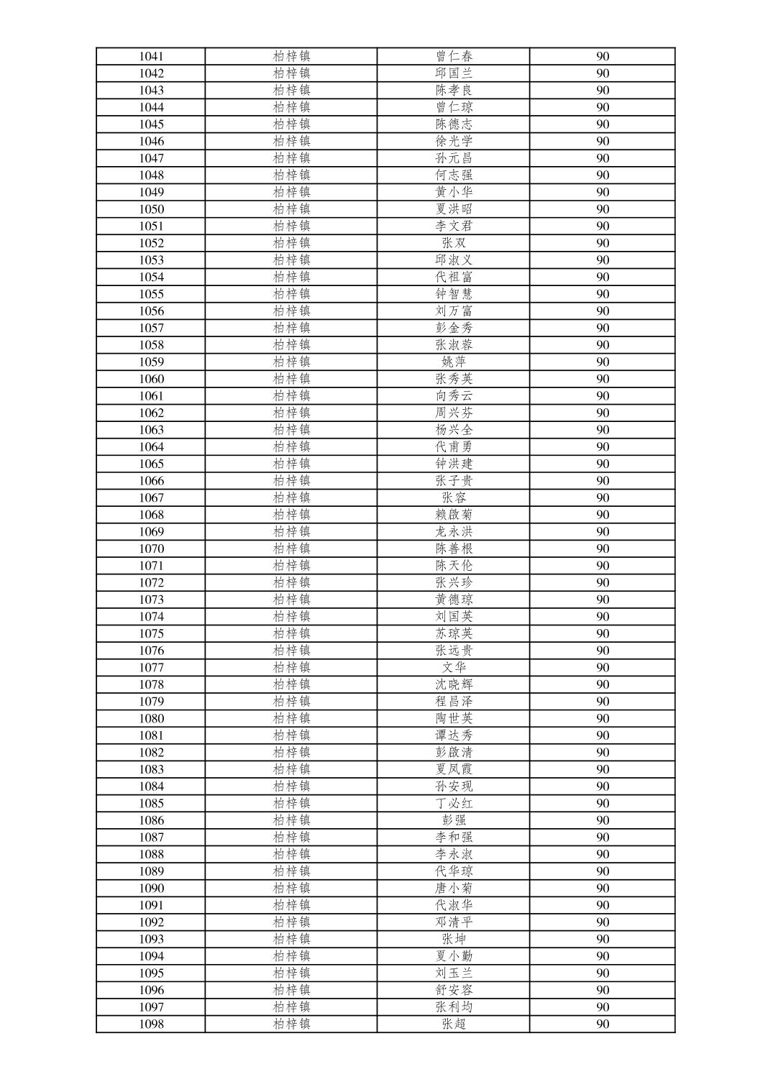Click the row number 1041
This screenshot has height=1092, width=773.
151,56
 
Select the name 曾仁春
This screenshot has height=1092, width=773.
454,56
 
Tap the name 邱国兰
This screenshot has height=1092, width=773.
454,73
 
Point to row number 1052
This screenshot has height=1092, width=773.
151,243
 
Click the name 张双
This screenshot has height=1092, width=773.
454,243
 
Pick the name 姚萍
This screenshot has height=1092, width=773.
454,362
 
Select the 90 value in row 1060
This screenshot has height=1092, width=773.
603,379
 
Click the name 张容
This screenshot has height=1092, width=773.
454,497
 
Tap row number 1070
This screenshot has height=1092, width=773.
151,549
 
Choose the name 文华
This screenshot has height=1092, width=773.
454,667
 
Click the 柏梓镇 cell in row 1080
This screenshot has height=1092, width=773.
291,718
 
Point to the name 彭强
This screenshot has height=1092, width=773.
454,820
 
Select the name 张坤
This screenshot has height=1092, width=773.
454,939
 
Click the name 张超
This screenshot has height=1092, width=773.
454,1024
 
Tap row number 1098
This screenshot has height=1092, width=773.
151,1024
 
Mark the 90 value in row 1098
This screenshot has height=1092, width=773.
603,1024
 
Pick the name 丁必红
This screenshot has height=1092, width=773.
454,803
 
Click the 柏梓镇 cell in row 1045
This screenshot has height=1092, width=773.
291,124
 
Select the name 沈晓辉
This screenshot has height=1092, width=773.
454,684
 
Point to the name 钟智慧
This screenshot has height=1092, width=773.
454,294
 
